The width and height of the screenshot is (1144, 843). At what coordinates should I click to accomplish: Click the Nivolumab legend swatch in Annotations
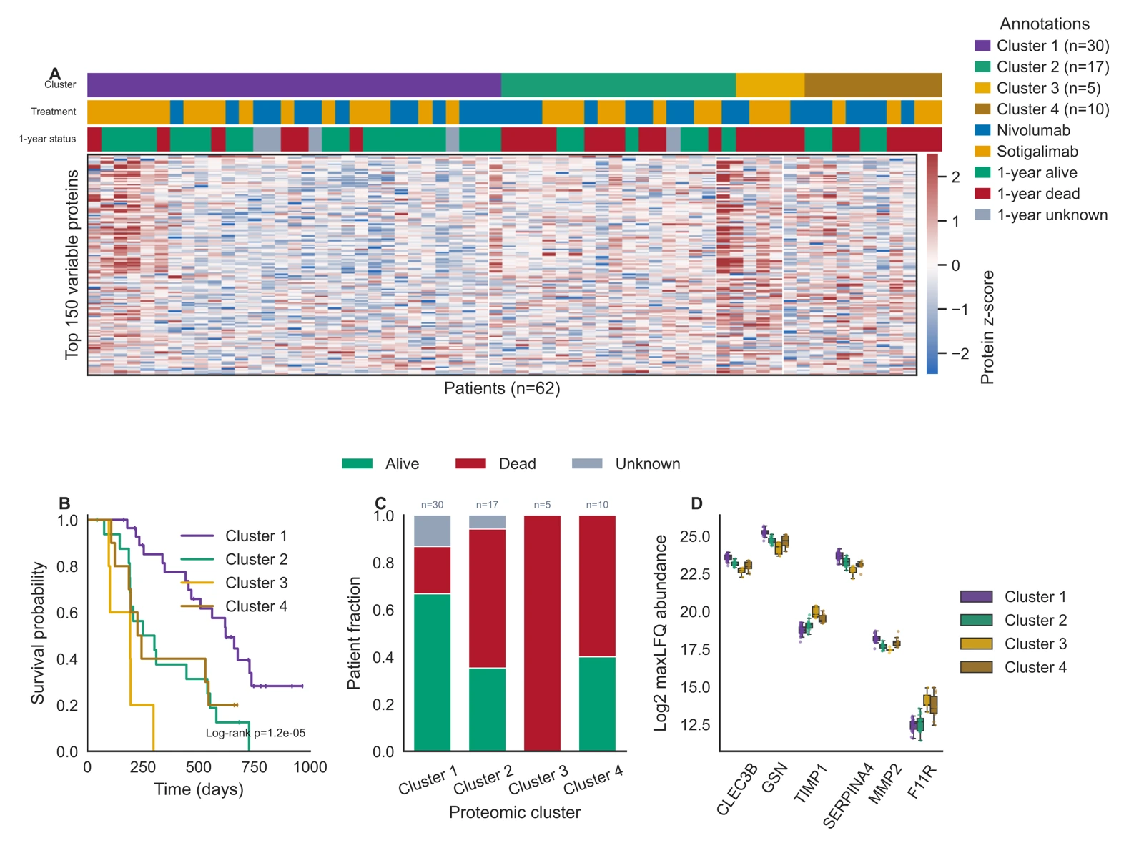(982, 130)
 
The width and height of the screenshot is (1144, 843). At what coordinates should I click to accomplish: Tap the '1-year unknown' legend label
(1052, 215)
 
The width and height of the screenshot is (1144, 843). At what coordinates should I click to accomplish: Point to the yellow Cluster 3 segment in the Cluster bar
(770, 85)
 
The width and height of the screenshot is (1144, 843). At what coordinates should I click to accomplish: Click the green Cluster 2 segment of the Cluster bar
(618, 85)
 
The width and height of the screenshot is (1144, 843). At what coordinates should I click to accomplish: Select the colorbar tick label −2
(960, 353)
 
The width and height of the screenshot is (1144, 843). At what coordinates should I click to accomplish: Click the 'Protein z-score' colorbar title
(987, 327)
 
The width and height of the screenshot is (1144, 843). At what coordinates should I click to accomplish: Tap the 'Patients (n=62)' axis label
(502, 388)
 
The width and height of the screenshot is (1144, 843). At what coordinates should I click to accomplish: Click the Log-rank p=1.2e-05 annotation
(255, 733)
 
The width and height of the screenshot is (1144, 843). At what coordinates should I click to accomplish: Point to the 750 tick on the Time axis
(255, 767)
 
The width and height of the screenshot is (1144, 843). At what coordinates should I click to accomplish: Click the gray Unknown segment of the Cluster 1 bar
(432, 531)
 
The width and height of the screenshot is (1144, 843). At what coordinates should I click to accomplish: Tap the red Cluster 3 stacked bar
(543, 633)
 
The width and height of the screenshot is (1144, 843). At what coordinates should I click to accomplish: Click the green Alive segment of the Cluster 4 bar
(597, 704)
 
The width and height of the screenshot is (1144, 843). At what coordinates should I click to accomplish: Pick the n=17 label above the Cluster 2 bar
(487, 505)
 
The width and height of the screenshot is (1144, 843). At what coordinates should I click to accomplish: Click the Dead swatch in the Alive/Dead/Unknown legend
(470, 463)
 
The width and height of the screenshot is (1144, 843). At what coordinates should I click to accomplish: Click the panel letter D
(696, 503)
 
